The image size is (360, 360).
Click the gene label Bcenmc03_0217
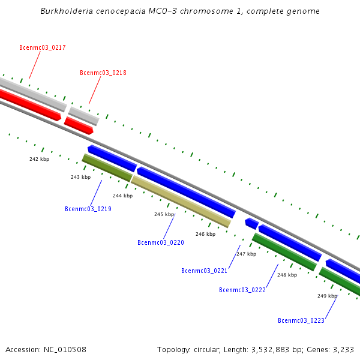(x=43, y=47)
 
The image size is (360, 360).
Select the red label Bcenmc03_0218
(x=103, y=73)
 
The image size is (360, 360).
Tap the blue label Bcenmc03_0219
(x=88, y=209)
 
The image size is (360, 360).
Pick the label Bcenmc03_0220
(x=160, y=243)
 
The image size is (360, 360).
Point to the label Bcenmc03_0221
(x=204, y=271)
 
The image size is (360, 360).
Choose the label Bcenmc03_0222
(x=242, y=290)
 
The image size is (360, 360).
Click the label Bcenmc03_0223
(x=301, y=321)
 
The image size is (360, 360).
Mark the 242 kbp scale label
(x=39, y=159)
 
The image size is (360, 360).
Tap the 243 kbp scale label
(x=80, y=177)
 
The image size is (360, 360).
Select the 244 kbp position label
(x=122, y=196)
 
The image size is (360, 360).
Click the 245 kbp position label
(x=164, y=214)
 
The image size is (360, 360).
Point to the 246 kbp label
(x=205, y=234)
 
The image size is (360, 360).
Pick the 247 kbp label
(x=246, y=254)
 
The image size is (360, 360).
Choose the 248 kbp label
(x=287, y=275)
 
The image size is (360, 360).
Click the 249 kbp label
(x=327, y=296)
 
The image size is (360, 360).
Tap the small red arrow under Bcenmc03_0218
(x=79, y=125)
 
